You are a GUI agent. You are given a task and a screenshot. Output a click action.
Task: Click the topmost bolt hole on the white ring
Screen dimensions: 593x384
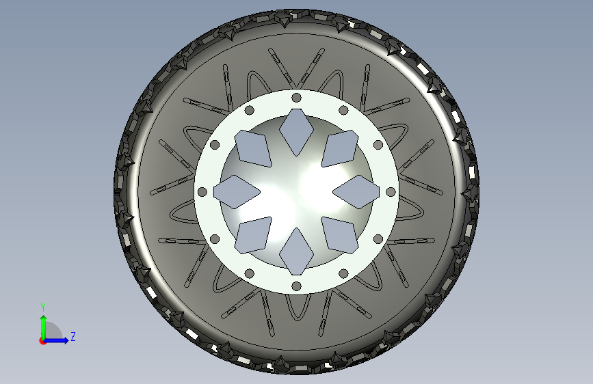[x=297, y=98]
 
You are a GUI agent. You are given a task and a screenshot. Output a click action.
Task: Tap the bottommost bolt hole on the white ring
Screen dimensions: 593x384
[x=297, y=286]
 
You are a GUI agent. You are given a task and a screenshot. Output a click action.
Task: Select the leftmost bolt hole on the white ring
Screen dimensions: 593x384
[x=202, y=192]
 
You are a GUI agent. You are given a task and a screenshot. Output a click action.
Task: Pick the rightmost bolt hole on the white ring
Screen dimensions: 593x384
[x=391, y=192]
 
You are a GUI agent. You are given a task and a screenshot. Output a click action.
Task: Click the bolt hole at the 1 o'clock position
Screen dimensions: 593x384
[x=343, y=111]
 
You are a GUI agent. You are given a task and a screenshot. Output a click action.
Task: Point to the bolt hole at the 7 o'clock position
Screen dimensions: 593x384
[x=249, y=273]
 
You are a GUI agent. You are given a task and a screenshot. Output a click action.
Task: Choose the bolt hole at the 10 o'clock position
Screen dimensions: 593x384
[x=215, y=145]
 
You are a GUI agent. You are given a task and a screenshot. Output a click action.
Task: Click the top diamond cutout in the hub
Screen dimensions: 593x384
[x=297, y=133]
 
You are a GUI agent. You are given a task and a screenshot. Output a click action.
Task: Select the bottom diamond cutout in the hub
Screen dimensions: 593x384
[x=297, y=251]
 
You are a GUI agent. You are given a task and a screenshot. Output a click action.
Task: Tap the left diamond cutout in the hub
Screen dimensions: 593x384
[x=237, y=192]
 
